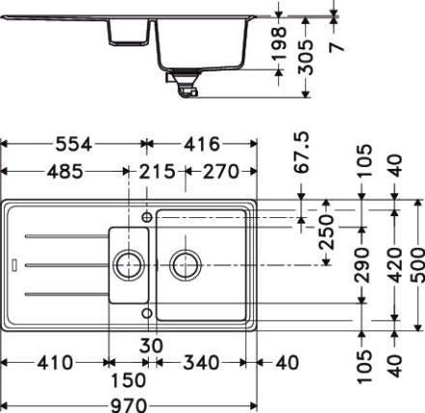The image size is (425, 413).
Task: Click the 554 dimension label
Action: coord(73,145)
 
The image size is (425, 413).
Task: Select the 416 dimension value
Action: coord(202,145)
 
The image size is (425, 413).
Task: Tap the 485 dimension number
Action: coord(65,172)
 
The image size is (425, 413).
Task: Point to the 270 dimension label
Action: coord(221,172)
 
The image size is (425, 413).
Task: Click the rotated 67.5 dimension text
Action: coord(302,152)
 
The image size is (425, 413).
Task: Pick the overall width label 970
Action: coord(129,405)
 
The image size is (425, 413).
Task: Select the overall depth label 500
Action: coord(418,265)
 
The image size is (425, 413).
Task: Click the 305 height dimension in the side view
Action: coord(305,57)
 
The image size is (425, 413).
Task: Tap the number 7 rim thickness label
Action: coord(337,47)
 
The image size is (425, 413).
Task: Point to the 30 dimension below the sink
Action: coord(152,345)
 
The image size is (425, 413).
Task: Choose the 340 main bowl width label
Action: coord(202,363)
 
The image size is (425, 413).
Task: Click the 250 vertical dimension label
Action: coord(326,233)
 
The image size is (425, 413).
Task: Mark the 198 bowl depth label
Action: coord(279,43)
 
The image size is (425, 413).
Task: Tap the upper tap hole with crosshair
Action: coord(147,217)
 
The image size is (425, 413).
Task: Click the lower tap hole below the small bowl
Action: coord(147,313)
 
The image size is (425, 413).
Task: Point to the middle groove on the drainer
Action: coord(67,265)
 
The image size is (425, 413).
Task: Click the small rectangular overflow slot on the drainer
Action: coord(14,264)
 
